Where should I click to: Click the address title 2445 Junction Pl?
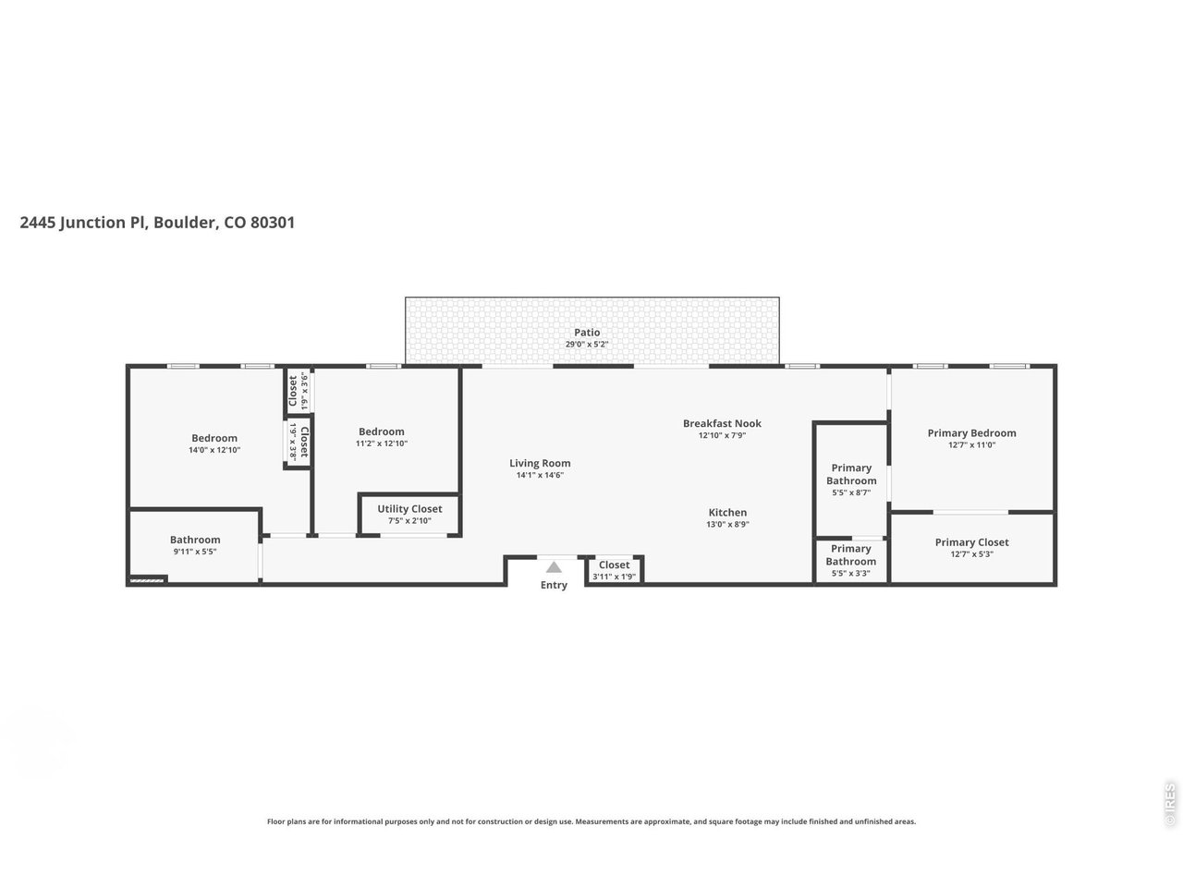click(x=157, y=223)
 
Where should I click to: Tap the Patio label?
click(x=587, y=333)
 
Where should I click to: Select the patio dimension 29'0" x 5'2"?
click(x=587, y=345)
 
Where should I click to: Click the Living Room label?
click(x=540, y=463)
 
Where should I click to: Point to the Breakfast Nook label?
click(x=722, y=423)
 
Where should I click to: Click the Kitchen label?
click(x=727, y=513)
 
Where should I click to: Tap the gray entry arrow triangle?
click(x=554, y=567)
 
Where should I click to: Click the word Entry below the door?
click(x=554, y=585)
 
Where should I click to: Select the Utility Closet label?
click(x=409, y=509)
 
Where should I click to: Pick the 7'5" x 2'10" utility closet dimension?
click(x=409, y=521)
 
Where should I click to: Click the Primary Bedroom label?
click(x=971, y=432)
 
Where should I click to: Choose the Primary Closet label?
click(x=971, y=542)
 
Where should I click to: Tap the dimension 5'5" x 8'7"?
click(x=851, y=492)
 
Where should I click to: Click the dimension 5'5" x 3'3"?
click(x=851, y=573)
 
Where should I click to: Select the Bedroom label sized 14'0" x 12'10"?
click(x=214, y=438)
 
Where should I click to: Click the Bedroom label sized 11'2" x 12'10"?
click(x=382, y=431)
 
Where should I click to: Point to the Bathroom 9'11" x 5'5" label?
click(x=195, y=540)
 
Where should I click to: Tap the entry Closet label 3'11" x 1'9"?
click(x=614, y=565)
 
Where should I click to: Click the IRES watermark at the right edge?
click(x=1170, y=805)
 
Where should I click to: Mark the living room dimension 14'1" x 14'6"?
click(x=540, y=475)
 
